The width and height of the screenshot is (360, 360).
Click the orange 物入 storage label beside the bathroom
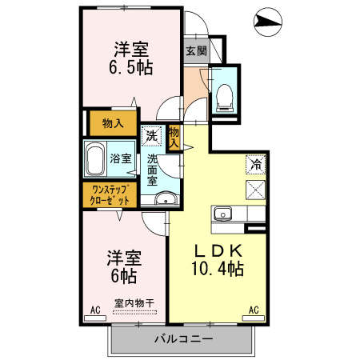[113, 123]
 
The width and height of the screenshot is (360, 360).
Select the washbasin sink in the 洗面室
[166, 200]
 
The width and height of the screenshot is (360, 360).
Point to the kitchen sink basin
[222, 214]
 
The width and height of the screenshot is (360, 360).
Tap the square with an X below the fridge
[256, 190]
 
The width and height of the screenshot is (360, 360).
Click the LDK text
[214, 250]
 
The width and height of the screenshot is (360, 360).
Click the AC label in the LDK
[253, 310]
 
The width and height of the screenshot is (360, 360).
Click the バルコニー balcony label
[183, 339]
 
